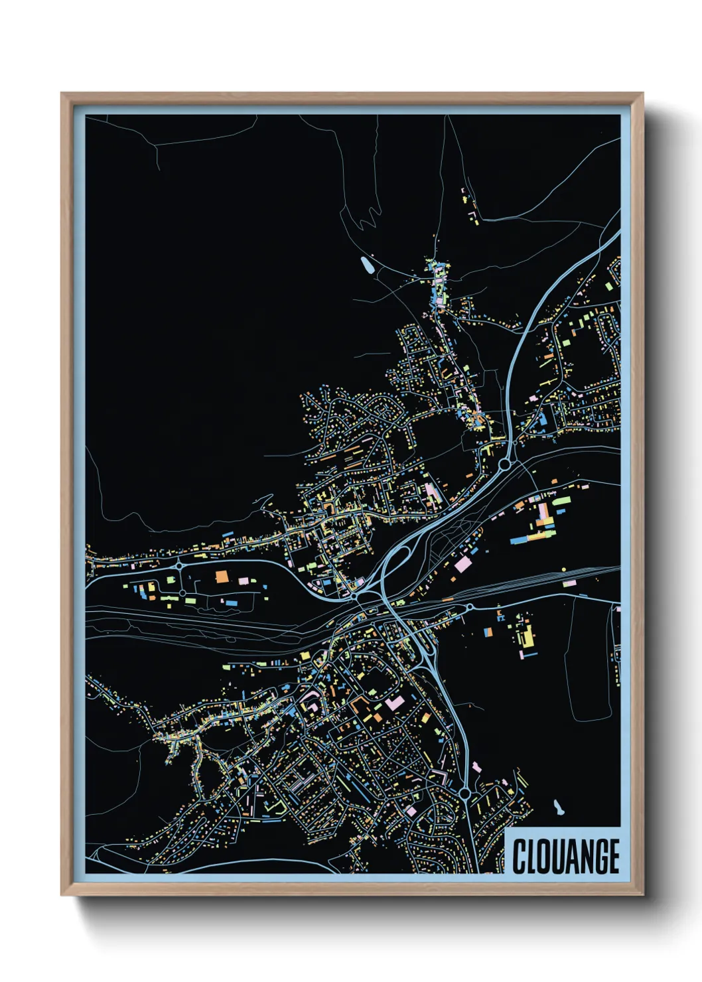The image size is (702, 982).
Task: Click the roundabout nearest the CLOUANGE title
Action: [464, 794]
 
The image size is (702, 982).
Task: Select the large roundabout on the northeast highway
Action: [506, 464]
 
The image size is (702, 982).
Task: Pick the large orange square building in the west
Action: [221, 576]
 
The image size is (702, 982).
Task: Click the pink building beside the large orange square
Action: [244, 581]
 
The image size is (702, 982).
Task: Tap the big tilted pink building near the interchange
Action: [462, 565]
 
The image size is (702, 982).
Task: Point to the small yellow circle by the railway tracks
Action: [564, 569]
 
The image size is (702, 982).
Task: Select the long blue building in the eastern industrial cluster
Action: [524, 539]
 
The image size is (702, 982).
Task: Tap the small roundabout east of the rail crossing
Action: [470, 606]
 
